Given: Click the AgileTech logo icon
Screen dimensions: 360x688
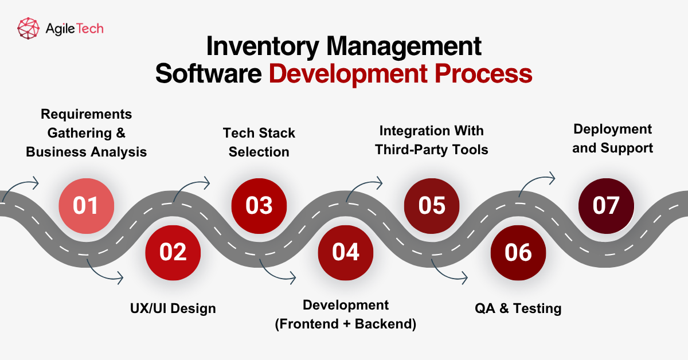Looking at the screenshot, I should (x=28, y=28).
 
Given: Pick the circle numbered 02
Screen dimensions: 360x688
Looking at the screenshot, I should (x=173, y=252).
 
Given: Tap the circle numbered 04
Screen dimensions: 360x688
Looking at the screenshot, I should (x=346, y=252).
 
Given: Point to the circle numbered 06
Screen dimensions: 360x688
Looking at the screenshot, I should (x=518, y=252).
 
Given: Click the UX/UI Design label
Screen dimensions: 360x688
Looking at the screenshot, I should (x=173, y=308).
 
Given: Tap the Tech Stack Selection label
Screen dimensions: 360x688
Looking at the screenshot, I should (x=259, y=142).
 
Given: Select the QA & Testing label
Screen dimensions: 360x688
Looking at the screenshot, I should (x=518, y=308).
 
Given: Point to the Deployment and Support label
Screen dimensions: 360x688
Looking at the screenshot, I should (x=612, y=138).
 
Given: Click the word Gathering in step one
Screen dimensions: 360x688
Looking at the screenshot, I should (x=79, y=133).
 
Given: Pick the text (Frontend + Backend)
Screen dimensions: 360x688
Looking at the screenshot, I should (x=346, y=324).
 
